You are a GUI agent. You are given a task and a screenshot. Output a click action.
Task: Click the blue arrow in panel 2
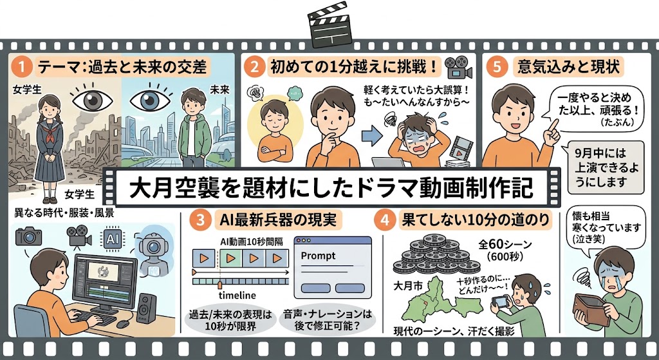point(371,136)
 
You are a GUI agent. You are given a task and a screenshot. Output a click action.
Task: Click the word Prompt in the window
point(318,256)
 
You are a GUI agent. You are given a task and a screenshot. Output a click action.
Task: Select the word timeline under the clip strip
point(237,294)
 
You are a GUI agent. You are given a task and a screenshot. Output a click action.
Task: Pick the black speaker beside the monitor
point(146,308)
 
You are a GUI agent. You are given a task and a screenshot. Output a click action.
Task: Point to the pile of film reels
point(436,255)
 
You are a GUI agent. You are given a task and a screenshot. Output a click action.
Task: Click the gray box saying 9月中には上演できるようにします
point(606,167)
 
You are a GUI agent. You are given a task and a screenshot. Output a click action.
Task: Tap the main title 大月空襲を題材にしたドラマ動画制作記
point(331,189)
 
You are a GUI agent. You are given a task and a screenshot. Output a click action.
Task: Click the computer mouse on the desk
point(123,324)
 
